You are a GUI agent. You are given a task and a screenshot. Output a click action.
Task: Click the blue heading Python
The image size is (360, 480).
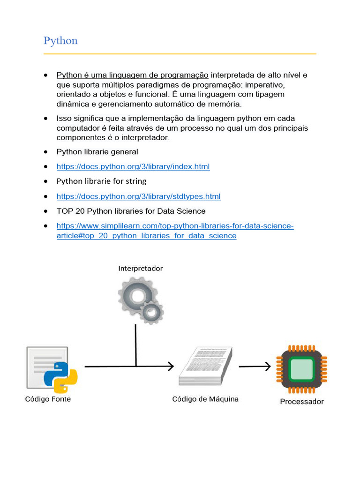tap(60, 41)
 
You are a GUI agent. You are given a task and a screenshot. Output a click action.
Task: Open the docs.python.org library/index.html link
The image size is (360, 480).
tap(133, 166)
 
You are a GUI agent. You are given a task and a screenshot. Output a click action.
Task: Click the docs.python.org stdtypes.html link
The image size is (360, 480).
tap(138, 196)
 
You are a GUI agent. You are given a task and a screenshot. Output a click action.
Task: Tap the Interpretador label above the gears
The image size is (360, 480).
tap(141, 269)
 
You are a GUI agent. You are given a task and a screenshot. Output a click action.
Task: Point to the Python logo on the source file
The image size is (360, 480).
tap(60, 376)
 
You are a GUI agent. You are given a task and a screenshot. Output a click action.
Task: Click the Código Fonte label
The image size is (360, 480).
tap(48, 399)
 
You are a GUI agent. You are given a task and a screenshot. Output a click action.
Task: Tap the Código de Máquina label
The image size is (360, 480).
tap(205, 399)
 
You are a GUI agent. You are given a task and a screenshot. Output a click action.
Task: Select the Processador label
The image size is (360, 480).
tap(302, 402)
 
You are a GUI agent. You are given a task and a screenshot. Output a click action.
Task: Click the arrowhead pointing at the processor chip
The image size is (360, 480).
tap(268, 367)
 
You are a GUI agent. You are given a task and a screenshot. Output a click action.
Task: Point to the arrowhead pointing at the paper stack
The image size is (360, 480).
tap(171, 367)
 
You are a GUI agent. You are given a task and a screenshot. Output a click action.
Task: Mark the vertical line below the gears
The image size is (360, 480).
tap(136, 345)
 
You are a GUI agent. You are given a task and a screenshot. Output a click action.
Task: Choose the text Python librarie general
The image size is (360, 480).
tap(97, 152)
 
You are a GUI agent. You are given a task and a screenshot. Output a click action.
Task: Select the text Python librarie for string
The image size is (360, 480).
tap(101, 181)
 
